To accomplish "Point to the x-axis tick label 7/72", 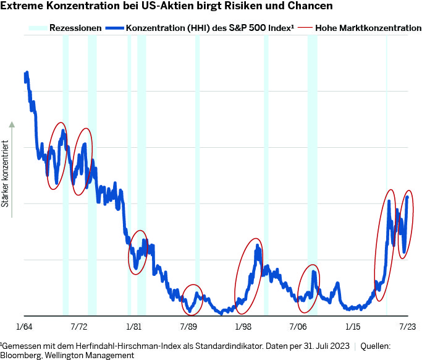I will [79, 325].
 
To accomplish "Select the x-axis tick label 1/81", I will [133, 325].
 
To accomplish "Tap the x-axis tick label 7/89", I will [188, 325].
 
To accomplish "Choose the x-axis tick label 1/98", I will [243, 325].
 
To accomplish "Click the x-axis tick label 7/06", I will [298, 325].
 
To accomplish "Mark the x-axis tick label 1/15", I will [352, 325].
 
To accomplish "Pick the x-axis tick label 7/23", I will [407, 325].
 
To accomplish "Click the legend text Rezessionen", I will [75, 28].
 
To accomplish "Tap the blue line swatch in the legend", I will [115, 28].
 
